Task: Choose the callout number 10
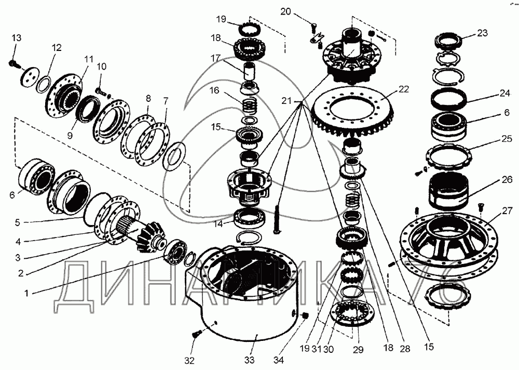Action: [101, 66]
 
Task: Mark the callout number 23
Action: [482, 32]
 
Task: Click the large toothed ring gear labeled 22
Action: [358, 120]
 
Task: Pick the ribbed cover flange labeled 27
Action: [446, 244]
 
